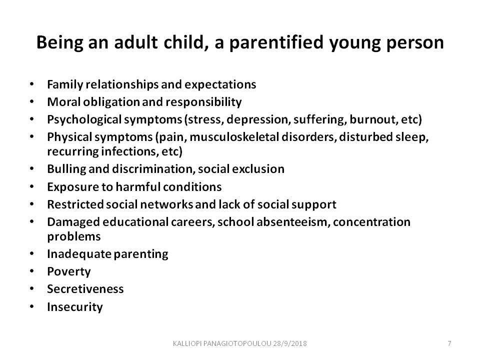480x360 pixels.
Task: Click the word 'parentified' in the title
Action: point(276,42)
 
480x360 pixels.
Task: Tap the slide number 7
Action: point(449,343)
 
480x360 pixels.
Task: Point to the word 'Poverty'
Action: point(69,271)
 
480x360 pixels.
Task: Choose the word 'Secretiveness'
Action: point(85,289)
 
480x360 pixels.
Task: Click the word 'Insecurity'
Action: point(75,306)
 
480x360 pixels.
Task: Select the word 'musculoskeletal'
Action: point(234,137)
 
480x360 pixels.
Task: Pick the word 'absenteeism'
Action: point(293,222)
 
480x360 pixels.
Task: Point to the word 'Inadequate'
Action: point(79,254)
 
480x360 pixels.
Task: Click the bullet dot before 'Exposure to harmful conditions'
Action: point(32,186)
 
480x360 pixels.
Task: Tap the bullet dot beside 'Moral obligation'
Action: point(32,101)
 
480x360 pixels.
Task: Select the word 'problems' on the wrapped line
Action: point(74,236)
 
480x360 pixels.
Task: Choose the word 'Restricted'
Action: point(75,204)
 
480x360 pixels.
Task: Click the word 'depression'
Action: point(258,119)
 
